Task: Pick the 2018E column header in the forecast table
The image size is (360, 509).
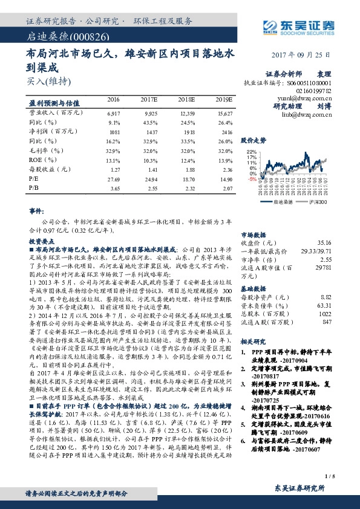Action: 186,99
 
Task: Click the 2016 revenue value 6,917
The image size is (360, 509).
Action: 113,113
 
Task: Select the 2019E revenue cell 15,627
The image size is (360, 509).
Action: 224,113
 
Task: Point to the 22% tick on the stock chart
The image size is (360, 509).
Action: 252,152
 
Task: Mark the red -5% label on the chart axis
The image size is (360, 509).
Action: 252,179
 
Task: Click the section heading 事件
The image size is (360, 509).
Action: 36,212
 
